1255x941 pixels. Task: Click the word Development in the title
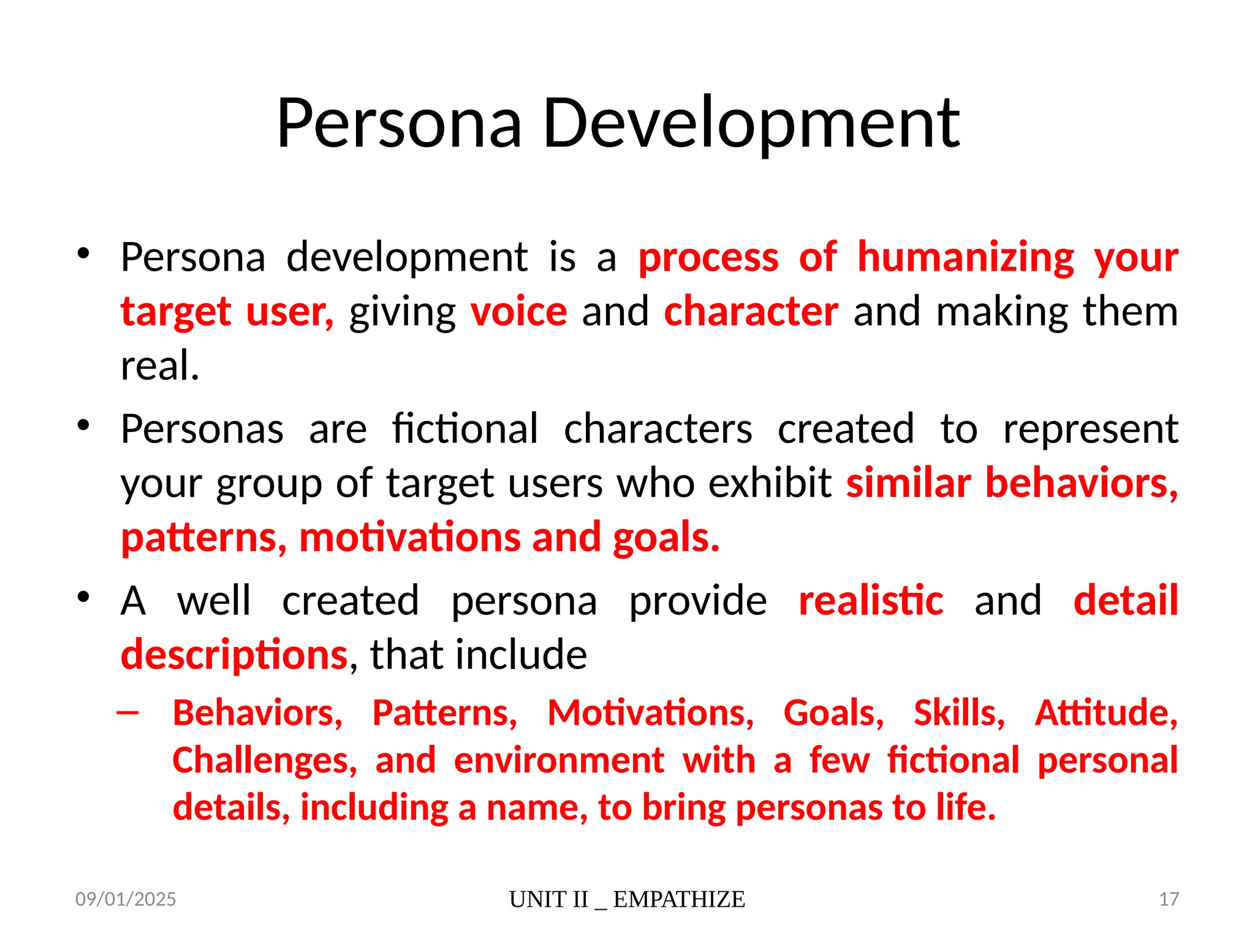point(751,124)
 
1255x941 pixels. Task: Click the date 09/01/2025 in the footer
point(126,899)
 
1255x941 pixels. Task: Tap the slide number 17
point(1169,899)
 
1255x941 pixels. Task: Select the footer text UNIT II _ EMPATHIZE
point(627,899)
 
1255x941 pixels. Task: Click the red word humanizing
point(965,257)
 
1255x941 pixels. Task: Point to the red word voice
point(519,311)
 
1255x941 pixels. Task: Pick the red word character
point(751,311)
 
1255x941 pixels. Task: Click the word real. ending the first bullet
point(160,366)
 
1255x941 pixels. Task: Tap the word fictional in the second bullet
point(465,429)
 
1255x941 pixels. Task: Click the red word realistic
point(871,600)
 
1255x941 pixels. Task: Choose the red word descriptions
point(235,654)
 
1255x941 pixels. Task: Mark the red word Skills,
point(959,713)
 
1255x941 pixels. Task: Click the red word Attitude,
point(1106,713)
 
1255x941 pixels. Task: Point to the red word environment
point(559,760)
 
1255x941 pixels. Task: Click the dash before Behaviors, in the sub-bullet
point(127,712)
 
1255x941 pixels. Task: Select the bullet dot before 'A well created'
point(84,597)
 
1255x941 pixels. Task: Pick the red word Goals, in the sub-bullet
point(833,713)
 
